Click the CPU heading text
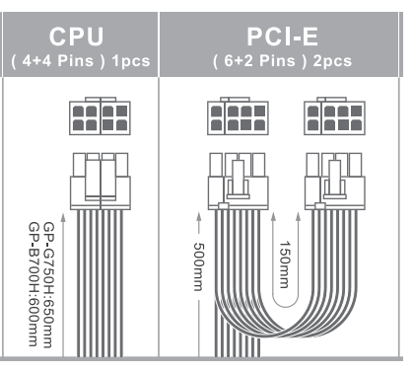click(x=77, y=37)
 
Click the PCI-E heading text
click(x=282, y=37)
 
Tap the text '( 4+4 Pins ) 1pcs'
click(x=81, y=61)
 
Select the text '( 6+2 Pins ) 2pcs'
click(x=282, y=61)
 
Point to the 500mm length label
click(x=199, y=266)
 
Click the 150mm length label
click(x=285, y=264)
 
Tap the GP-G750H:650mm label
click(x=49, y=284)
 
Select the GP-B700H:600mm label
click(x=34, y=284)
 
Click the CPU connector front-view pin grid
click(x=100, y=115)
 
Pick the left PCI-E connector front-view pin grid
click(x=238, y=115)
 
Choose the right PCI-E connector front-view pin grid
click(x=334, y=115)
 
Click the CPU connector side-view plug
click(x=101, y=181)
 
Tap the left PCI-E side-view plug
click(x=238, y=181)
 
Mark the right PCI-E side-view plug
click(x=334, y=181)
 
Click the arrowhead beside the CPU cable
click(x=63, y=217)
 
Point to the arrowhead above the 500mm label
click(x=199, y=216)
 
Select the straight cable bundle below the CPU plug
click(x=101, y=283)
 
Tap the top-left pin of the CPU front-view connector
click(x=78, y=112)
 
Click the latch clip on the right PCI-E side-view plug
click(x=335, y=180)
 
